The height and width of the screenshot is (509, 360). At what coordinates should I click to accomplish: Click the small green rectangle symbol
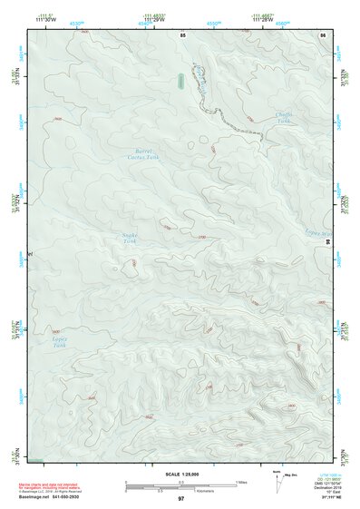point(182,81)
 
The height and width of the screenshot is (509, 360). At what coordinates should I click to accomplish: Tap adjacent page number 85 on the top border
point(182,34)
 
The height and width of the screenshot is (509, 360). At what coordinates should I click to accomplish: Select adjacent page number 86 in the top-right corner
point(322,34)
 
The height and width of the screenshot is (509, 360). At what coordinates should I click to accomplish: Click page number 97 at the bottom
point(181,499)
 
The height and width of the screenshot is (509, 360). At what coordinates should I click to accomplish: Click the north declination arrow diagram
point(277,483)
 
